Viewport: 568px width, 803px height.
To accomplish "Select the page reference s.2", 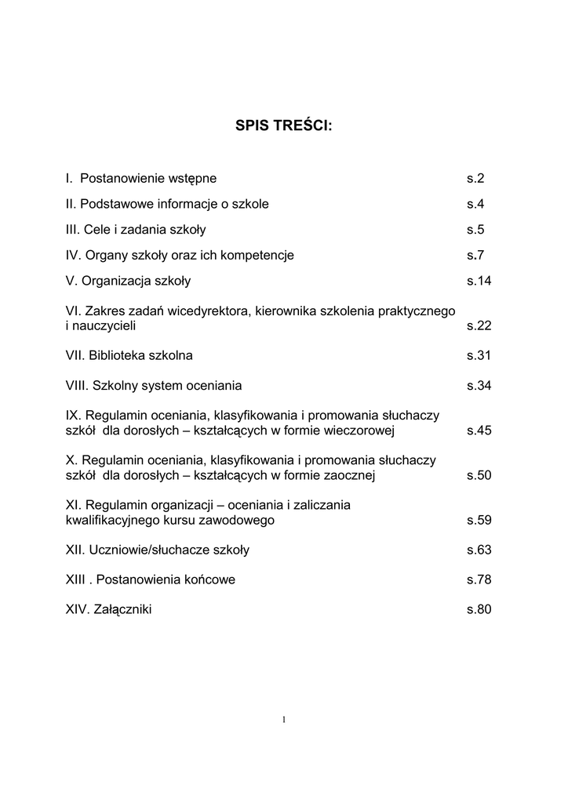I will pyautogui.click(x=475, y=178).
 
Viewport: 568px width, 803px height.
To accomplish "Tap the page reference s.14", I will pyautogui.click(x=479, y=281).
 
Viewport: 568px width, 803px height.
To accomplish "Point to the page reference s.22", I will pyautogui.click(x=479, y=325).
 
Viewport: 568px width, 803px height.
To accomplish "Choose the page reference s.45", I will pyautogui.click(x=479, y=431).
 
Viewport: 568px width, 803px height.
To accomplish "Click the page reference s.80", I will pyautogui.click(x=479, y=609).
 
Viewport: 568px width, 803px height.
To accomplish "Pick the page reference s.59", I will pyautogui.click(x=479, y=520).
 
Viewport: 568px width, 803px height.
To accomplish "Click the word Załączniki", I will pyautogui.click(x=122, y=609).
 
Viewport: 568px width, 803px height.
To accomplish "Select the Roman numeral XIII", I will pyautogui.click(x=75, y=580).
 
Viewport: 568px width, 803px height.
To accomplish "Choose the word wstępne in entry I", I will pyautogui.click(x=195, y=179).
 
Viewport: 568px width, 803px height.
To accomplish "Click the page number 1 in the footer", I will pyautogui.click(x=284, y=719).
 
